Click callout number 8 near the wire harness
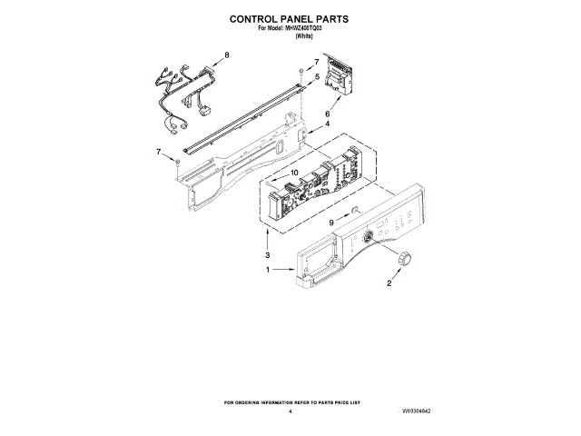(x=227, y=56)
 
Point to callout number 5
(x=317, y=78)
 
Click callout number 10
(x=294, y=173)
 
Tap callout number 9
(x=332, y=222)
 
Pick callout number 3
(x=267, y=257)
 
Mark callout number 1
(x=268, y=271)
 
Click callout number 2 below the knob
(x=389, y=283)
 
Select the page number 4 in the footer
(x=290, y=411)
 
